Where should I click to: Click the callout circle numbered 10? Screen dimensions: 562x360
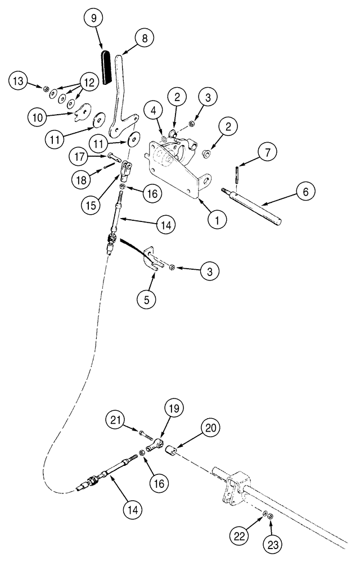tap(38, 117)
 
